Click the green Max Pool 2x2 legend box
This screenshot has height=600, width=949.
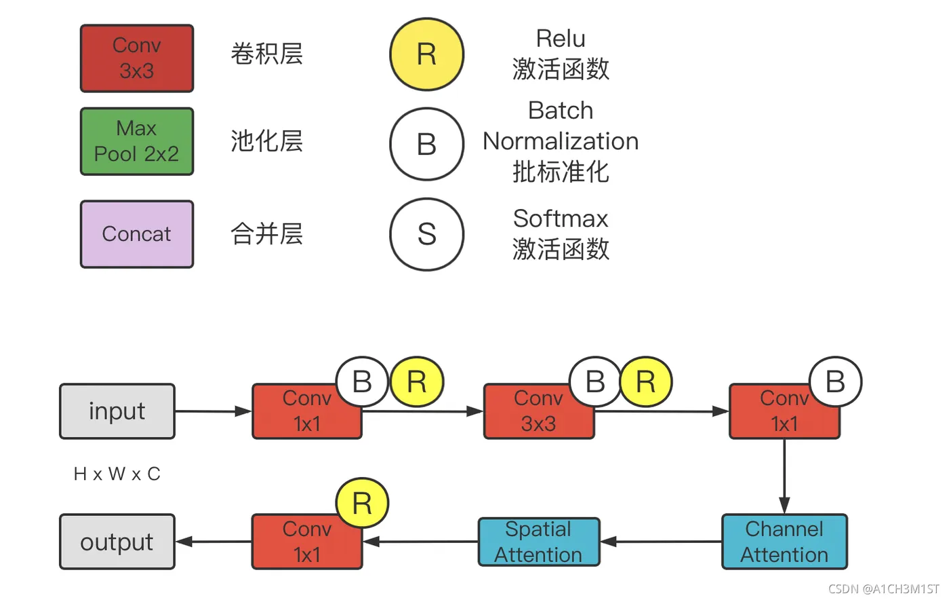pyautogui.click(x=137, y=141)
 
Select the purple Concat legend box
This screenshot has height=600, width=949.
pyautogui.click(x=137, y=234)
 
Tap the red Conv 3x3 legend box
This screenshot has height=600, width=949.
pyautogui.click(x=137, y=58)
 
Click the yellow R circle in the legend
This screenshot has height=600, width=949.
pyautogui.click(x=426, y=54)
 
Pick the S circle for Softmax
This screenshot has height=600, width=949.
pyautogui.click(x=426, y=234)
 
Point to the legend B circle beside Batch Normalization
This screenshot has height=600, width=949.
pyautogui.click(x=426, y=144)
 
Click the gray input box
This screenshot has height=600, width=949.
pyautogui.click(x=117, y=411)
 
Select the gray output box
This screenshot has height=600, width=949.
pyautogui.click(x=117, y=542)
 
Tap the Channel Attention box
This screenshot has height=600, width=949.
pyautogui.click(x=784, y=542)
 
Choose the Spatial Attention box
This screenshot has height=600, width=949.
pyautogui.click(x=539, y=542)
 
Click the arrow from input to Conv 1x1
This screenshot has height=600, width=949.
pyautogui.click(x=214, y=411)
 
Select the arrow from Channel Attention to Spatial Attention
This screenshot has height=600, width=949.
pyautogui.click(x=661, y=542)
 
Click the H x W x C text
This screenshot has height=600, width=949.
pyautogui.click(x=117, y=474)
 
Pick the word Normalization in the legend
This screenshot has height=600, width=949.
pyautogui.click(x=561, y=141)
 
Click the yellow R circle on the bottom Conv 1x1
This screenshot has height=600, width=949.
pyautogui.click(x=362, y=504)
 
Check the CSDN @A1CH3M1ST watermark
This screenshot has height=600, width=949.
pyautogui.click(x=884, y=589)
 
